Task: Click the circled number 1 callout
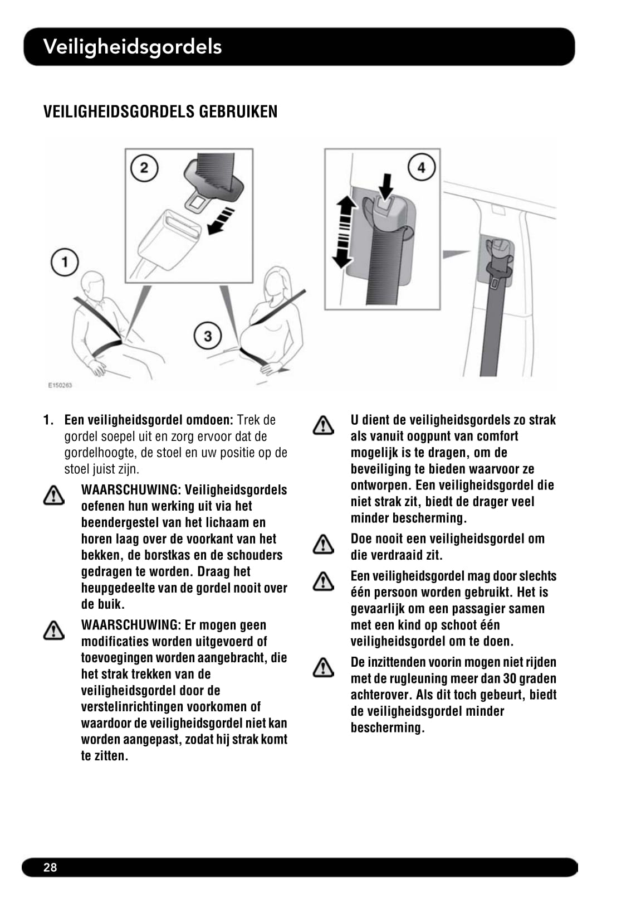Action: click(65, 262)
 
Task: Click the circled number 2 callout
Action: click(144, 168)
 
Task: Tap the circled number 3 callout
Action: click(208, 336)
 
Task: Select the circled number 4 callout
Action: click(422, 168)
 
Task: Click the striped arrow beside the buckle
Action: click(221, 221)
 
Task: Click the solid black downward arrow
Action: click(385, 186)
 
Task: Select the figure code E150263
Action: click(60, 385)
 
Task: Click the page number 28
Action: click(50, 867)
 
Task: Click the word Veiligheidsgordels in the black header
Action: click(133, 46)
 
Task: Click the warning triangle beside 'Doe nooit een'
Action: click(323, 544)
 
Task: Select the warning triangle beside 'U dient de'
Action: click(323, 425)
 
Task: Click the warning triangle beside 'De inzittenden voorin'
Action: click(323, 667)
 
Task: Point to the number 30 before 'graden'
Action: click(510, 678)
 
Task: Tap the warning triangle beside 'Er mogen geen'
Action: click(53, 630)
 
